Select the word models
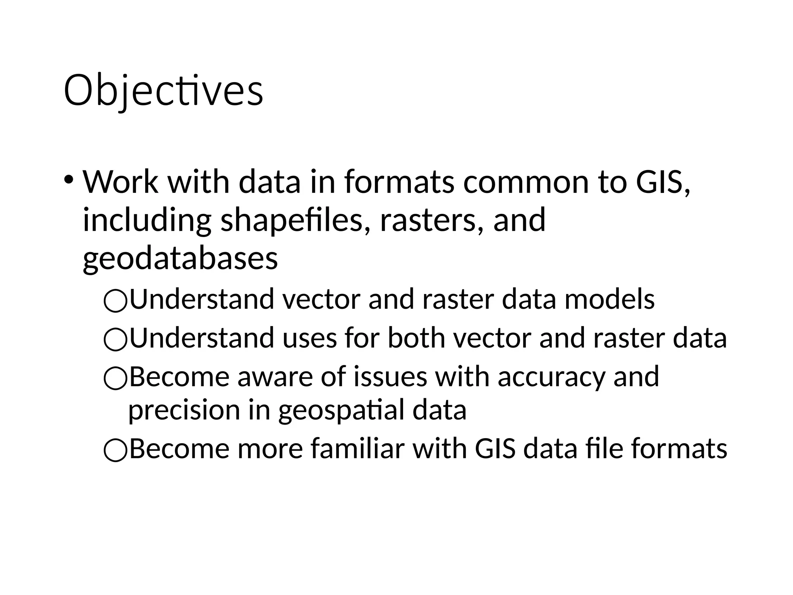(609, 299)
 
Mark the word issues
(390, 377)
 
